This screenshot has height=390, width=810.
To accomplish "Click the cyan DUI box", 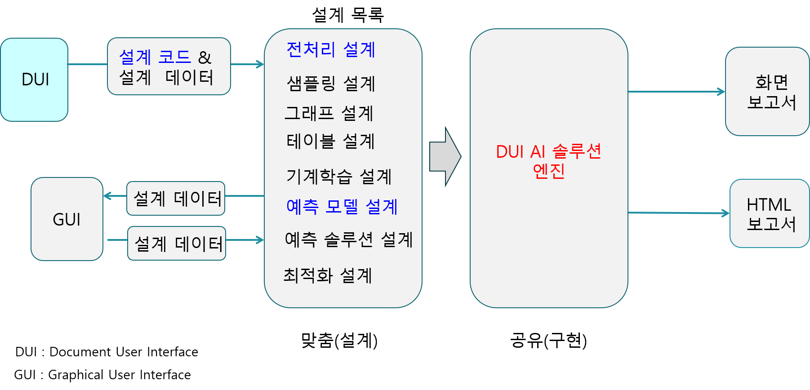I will coord(34,80).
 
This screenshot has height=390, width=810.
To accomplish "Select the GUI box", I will coord(67,219).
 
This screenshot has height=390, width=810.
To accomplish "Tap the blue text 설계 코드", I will coord(155,57).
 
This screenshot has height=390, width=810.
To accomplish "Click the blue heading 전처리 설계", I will coord(331,49).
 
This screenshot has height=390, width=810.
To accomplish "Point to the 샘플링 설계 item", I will coord(331,84).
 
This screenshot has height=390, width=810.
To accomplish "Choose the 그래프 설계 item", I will coord(329,113).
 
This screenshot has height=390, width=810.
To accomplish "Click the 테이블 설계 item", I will coord(330,141).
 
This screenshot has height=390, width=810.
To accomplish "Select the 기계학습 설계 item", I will coord(339,176).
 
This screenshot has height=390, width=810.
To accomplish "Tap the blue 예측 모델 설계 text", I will coord(342,207).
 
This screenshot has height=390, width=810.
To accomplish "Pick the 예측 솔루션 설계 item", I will coord(349,239).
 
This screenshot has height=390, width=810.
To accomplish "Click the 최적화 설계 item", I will coord(328,275).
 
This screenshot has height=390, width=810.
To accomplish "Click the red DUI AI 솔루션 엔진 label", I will coord(548,161).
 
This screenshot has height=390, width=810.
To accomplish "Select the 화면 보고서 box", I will coord(767,92).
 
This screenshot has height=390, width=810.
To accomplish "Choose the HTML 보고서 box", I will coord(770,214).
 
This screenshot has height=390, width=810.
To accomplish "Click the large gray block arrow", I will coord(445,156).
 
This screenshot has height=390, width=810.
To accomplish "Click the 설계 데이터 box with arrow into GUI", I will coord(176,198).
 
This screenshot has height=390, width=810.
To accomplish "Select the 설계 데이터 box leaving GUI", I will coord(177,244).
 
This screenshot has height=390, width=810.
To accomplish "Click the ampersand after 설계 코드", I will coord(205,58).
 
